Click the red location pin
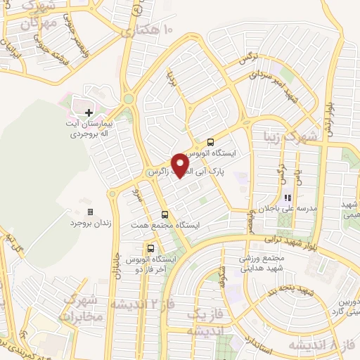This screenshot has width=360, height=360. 180,165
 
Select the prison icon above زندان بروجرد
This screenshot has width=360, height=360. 89,212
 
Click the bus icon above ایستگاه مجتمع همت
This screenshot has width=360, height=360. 165,214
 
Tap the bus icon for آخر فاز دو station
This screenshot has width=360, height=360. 150,248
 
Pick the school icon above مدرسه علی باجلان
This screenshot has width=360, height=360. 287,199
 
